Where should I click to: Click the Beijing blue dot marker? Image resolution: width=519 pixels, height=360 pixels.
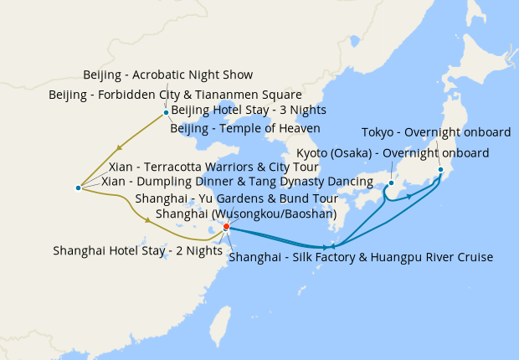pyautogui.click(x=166, y=112)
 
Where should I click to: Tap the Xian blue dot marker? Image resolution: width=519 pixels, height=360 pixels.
pyautogui.click(x=78, y=188)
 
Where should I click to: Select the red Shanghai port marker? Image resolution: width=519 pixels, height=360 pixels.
pyautogui.click(x=226, y=226)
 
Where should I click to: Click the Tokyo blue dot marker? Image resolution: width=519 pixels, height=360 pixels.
pyautogui.click(x=440, y=170)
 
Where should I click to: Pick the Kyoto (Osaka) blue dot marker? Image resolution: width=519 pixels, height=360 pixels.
pyautogui.click(x=390, y=183)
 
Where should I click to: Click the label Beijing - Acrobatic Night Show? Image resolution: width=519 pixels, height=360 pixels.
pyautogui.click(x=167, y=75)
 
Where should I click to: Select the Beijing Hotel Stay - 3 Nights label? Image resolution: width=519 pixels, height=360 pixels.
pyautogui.click(x=249, y=111)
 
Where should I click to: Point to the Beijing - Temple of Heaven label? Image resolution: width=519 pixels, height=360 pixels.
pyautogui.click(x=245, y=128)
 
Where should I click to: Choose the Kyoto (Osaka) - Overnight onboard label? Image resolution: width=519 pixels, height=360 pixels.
pyautogui.click(x=393, y=153)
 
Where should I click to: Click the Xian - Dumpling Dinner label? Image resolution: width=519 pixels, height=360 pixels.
pyautogui.click(x=237, y=182)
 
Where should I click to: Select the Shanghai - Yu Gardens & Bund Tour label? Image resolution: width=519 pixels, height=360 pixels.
pyautogui.click(x=236, y=199)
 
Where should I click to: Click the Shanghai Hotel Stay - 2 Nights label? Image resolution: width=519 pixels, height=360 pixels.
pyautogui.click(x=137, y=250)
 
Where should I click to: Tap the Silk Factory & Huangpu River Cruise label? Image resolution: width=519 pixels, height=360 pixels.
pyautogui.click(x=360, y=257)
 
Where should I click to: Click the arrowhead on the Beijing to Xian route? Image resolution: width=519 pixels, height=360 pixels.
pyautogui.click(x=123, y=145)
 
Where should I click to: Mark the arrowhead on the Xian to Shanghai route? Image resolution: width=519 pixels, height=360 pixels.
pyautogui.click(x=149, y=220)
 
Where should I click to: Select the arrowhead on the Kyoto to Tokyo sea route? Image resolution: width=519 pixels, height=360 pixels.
pyautogui.click(x=409, y=196)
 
